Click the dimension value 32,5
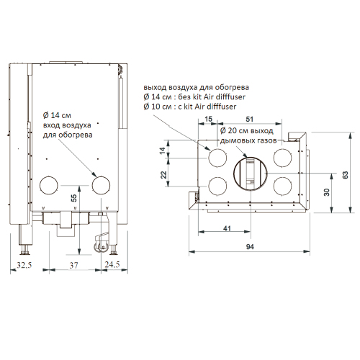(x=24, y=265)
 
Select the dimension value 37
(x=74, y=265)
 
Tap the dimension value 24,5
(x=112, y=264)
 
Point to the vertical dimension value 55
(x=74, y=198)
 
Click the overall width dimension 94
(x=250, y=247)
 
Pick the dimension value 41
(x=227, y=228)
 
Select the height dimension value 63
(x=346, y=175)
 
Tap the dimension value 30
(x=327, y=192)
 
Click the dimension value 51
(x=250, y=120)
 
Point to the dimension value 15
(x=209, y=119)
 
